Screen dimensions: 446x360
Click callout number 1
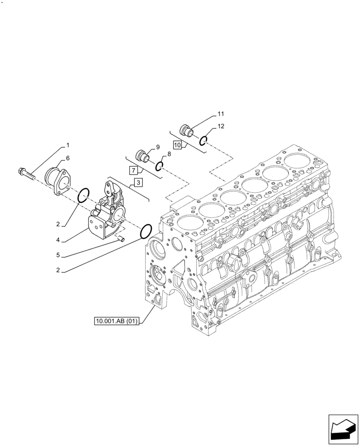[x=68, y=145]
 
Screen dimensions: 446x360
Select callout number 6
[x=68, y=158]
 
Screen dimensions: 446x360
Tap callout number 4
[x=58, y=240]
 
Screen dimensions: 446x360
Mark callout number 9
[x=157, y=147]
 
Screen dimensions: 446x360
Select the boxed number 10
[x=177, y=145]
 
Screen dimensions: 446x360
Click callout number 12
[x=221, y=127]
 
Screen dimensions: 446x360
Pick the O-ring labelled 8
[x=160, y=166]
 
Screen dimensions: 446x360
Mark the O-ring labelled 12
[x=203, y=140]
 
